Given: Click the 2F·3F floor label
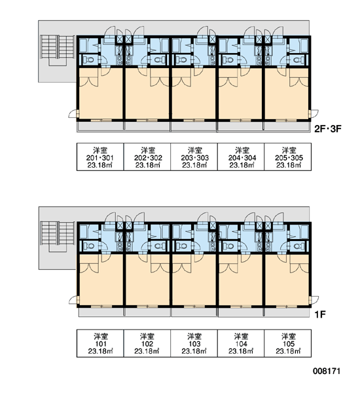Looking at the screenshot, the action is [328, 129].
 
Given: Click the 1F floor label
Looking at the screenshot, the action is [320, 314].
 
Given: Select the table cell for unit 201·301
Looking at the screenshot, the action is [100, 157].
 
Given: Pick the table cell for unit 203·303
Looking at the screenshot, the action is [194, 157].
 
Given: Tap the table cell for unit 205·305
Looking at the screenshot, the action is [288, 157].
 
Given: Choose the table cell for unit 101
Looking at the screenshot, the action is [100, 343].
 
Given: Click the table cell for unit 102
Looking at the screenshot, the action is [147, 343].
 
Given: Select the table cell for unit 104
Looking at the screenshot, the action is [241, 343].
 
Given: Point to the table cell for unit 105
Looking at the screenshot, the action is [288, 343].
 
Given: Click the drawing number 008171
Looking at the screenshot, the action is [327, 371].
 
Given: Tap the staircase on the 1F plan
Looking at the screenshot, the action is [58, 236].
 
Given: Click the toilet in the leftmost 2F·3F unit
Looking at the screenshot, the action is [88, 60].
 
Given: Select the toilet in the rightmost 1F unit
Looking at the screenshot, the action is [298, 246].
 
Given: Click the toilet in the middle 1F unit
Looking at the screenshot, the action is [181, 246].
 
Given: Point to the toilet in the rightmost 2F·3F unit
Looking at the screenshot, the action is [298, 60].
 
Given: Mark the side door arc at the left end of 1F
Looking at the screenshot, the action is [73, 300].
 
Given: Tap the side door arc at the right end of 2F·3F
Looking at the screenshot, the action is [314, 113].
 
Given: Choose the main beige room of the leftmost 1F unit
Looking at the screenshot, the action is [101, 282].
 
